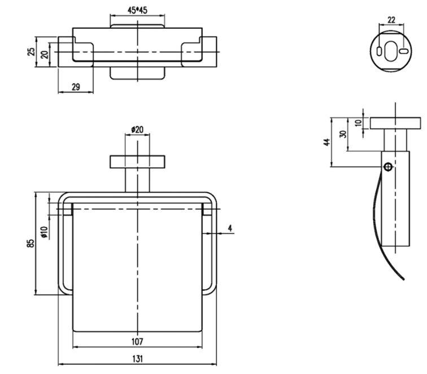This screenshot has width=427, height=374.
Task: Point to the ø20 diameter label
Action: (x=137, y=130)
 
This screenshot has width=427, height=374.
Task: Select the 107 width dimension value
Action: (x=137, y=341)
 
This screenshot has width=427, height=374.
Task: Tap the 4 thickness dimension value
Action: (x=230, y=228)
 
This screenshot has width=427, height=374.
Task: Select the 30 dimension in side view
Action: (x=343, y=134)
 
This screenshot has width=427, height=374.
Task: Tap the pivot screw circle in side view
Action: (x=388, y=166)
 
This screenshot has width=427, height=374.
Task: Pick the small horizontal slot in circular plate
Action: (x=403, y=51)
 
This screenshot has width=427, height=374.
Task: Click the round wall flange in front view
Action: (x=138, y=162)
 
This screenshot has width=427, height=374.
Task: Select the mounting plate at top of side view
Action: (x=395, y=123)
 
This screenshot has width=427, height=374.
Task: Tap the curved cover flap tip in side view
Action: (x=403, y=277)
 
